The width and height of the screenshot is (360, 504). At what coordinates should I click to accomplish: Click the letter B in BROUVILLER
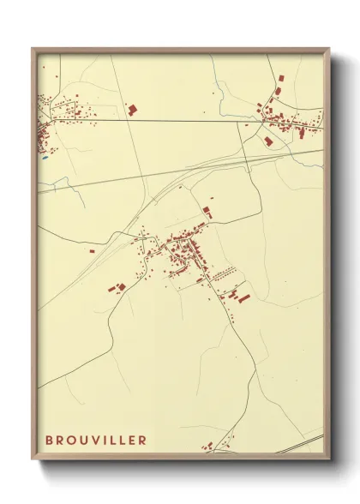tap(50, 441)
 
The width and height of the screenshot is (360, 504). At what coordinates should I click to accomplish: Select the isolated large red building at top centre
tap(132, 109)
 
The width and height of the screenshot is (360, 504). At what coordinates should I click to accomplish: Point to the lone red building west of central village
tap(91, 251)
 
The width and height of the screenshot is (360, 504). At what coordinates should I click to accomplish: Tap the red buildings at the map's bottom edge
tap(208, 446)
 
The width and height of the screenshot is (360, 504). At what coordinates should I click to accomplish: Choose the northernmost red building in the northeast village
tap(279, 78)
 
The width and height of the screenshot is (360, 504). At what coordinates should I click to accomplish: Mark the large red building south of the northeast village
tap(268, 140)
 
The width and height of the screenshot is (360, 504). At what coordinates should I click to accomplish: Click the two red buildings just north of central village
tap(207, 211)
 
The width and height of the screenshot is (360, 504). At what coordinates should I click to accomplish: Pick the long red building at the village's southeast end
tap(243, 298)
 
